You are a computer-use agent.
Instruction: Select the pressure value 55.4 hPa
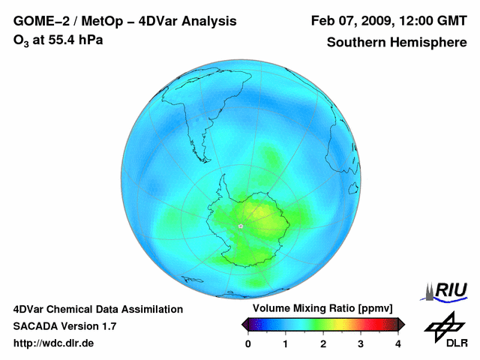tap(76, 39)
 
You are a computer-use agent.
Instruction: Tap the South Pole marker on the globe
tap(241, 226)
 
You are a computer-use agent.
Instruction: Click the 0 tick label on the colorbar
tap(248, 343)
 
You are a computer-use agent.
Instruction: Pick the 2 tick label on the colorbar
tap(323, 343)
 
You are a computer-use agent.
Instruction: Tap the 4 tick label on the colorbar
tap(398, 343)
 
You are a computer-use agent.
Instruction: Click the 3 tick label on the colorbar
tap(361, 343)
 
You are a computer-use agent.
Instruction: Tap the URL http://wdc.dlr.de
tap(54, 343)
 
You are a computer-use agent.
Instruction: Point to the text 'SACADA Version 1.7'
tap(64, 326)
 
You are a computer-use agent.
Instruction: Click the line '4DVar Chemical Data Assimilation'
tap(98, 309)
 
